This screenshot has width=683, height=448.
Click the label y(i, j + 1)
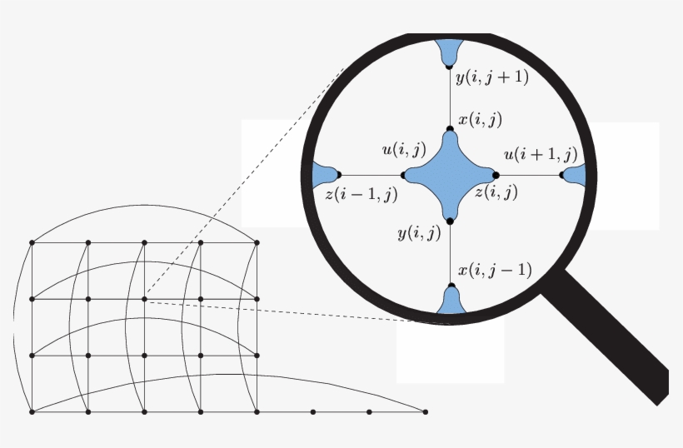coord(492,77)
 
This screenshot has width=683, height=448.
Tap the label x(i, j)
coord(480,119)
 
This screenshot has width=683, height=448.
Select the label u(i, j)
coord(404,149)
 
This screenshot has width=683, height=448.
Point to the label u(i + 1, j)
coord(541,154)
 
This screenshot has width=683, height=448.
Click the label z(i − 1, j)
coord(361,194)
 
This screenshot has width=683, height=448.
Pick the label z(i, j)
coord(496,192)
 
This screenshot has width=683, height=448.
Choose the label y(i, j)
coord(419,233)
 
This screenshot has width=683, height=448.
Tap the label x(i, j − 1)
coord(495,270)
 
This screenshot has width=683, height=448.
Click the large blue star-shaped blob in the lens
coord(450,175)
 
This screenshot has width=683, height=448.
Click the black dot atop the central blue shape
coord(450,129)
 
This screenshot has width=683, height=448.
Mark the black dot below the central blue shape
coord(450,222)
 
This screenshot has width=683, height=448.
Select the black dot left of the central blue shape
coord(403,176)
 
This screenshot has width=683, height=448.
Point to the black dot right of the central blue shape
coord(496,176)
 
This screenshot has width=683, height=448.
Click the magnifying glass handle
coord(606,337)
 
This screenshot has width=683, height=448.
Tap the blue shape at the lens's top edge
coord(449,52)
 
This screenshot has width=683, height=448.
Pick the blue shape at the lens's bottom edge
coord(451,300)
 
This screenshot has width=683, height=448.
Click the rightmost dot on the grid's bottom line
coord(426,412)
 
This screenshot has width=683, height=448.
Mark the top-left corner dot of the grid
coord(32,242)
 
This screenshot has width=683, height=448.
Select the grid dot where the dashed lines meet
coord(144,299)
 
